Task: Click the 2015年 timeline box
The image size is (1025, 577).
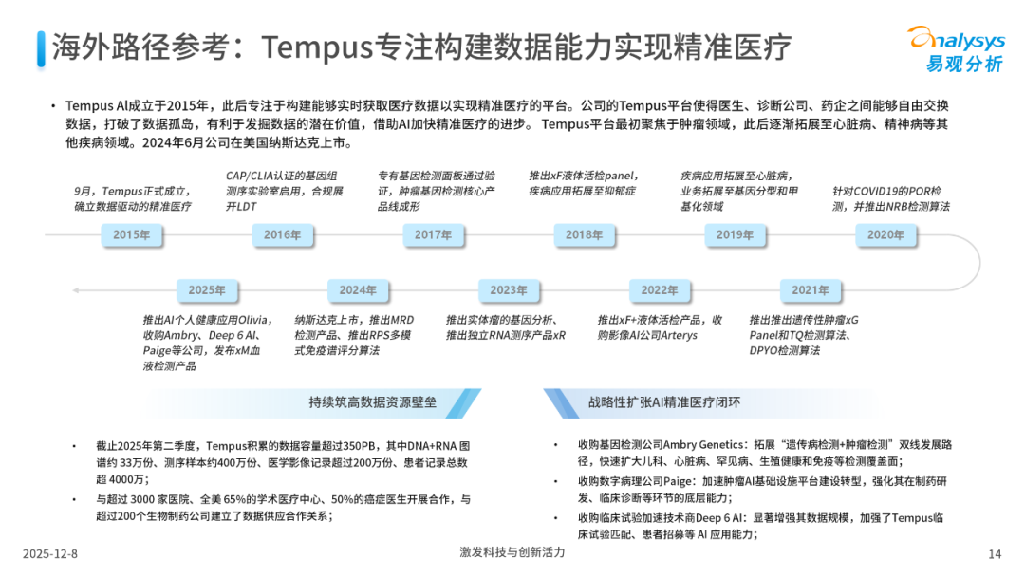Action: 132,235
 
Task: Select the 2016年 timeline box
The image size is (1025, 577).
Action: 282,235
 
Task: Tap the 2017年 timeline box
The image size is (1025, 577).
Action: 433,235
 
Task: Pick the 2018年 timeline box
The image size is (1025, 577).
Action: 585,235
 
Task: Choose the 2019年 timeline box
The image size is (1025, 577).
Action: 735,235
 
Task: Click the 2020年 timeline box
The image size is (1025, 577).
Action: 886,235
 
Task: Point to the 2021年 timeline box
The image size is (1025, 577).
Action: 811,290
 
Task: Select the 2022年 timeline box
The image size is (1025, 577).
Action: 660,290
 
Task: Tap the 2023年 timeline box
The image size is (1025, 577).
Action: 509,290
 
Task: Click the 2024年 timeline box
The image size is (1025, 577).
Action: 358,290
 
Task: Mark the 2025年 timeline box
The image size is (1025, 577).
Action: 207,290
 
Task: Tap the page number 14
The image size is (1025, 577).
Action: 995,553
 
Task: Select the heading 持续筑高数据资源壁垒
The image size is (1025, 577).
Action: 372,401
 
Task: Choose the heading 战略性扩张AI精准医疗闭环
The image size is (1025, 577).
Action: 664,401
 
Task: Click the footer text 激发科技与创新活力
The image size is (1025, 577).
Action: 512,552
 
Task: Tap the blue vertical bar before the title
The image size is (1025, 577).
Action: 40,46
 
